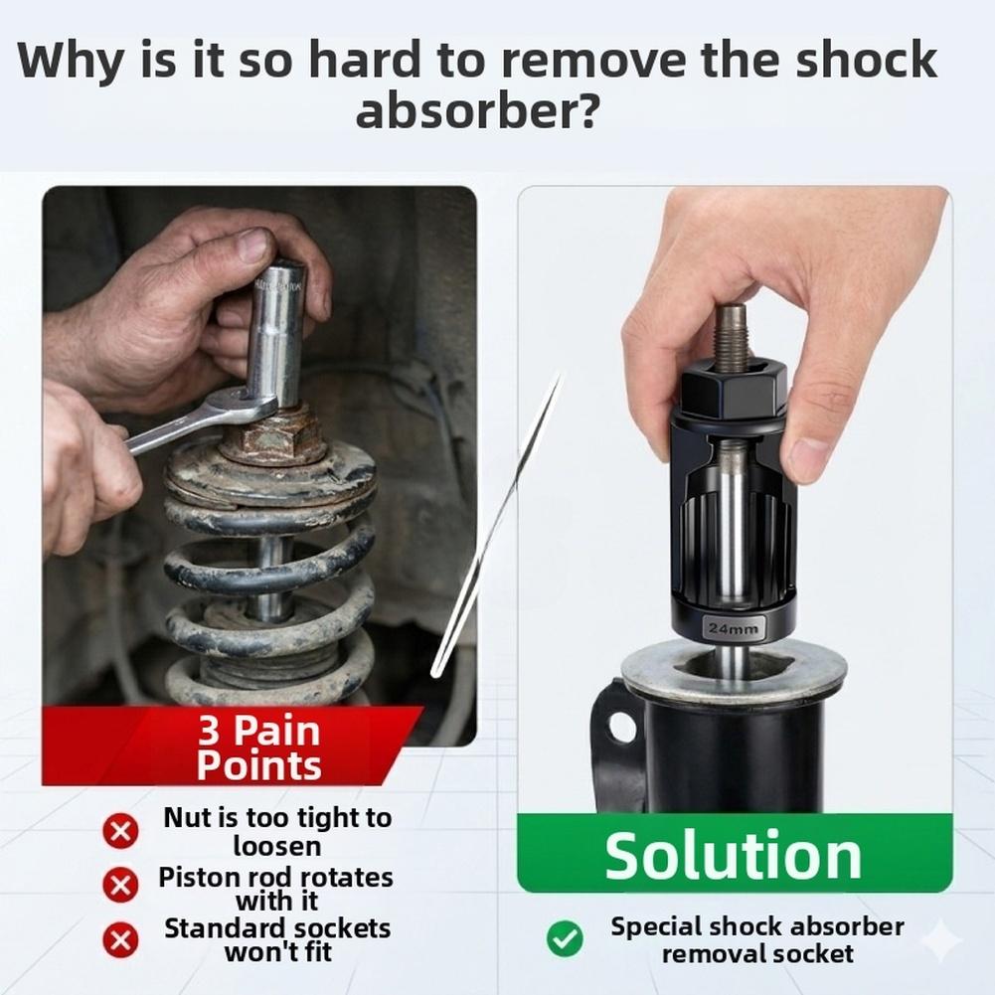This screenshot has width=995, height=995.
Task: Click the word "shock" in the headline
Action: coord(866,59)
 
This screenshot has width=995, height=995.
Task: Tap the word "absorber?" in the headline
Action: coord(476,110)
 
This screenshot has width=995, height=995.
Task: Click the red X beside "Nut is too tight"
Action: coord(120,831)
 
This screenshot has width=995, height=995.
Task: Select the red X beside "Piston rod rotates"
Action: coord(120,886)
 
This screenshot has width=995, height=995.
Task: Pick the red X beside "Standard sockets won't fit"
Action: coord(120,939)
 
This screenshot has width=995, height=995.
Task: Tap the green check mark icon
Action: coord(565,938)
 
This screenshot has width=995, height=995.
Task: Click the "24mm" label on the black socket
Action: coord(733,629)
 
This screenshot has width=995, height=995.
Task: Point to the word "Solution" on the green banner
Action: coord(733,855)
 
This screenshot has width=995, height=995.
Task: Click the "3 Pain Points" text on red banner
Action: coord(258,747)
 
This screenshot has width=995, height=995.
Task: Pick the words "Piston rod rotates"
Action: coord(275,878)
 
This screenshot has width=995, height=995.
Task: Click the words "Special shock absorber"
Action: coord(757,927)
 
